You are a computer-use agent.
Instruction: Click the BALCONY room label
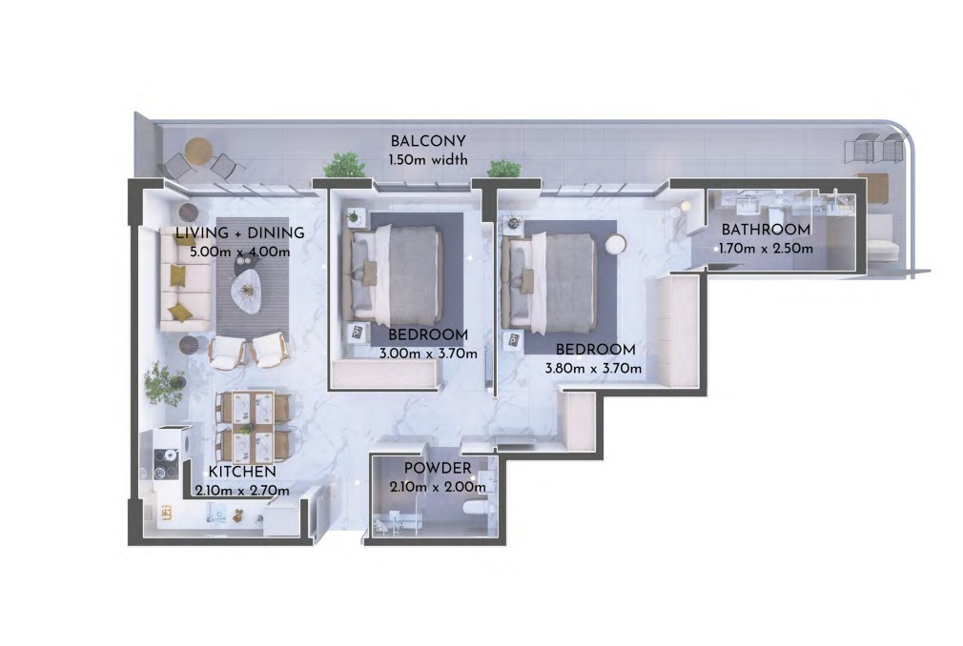[428, 142]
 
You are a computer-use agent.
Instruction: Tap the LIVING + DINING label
[239, 233]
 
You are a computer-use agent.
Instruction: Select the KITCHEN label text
[242, 472]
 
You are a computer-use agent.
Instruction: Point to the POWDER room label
[438, 468]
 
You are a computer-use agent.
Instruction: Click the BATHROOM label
[766, 230]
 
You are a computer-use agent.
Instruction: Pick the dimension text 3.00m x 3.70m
[428, 354]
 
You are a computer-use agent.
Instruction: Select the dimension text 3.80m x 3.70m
[593, 369]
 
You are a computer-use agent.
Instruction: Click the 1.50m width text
[428, 160]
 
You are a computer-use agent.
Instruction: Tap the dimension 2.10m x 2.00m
[438, 488]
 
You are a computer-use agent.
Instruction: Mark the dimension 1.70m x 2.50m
[766, 249]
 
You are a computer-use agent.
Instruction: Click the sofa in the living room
[186, 279]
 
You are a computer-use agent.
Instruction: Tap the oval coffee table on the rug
[247, 292]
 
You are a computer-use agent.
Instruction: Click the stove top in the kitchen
[166, 464]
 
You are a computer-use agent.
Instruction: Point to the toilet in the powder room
[476, 509]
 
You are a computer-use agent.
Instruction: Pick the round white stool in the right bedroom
[615, 244]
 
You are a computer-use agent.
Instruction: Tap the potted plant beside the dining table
[163, 383]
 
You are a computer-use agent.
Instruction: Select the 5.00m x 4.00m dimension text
[239, 252]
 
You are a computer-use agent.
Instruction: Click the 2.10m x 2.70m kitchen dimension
[242, 491]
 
